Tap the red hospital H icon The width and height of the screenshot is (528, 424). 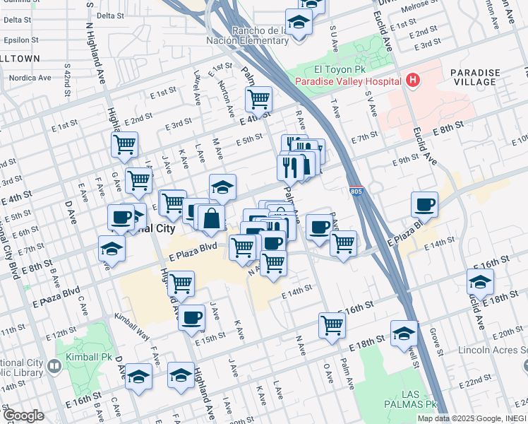413,80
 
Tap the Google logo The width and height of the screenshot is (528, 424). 23,416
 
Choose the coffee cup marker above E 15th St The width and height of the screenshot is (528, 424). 191,319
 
